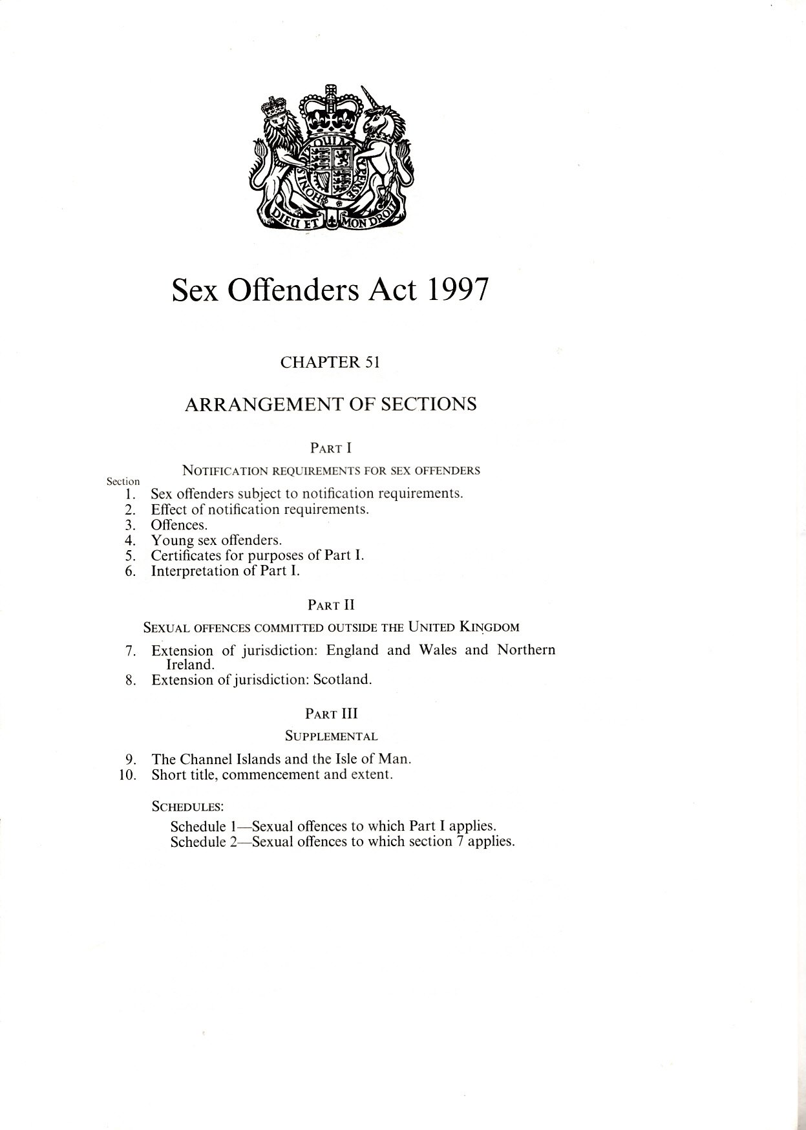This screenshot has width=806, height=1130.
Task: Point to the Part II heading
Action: tap(330, 606)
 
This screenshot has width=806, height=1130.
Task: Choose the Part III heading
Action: tap(332, 714)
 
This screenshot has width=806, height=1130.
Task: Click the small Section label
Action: tap(123, 481)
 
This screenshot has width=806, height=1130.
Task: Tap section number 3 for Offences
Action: tap(130, 525)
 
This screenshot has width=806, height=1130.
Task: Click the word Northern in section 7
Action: tap(526, 650)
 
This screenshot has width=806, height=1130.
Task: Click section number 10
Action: tap(127, 774)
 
